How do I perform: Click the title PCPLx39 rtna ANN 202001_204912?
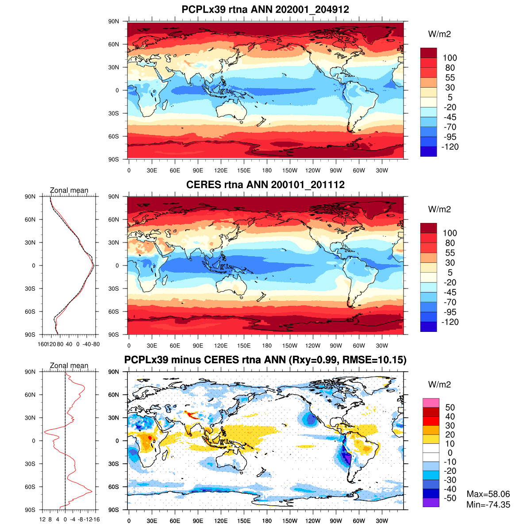point(265,9)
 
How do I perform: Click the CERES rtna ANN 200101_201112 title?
point(265,185)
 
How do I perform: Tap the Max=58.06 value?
point(488,494)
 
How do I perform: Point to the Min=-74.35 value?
point(488,504)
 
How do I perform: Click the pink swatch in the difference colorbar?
point(431,403)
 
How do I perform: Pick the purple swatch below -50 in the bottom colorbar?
point(431,502)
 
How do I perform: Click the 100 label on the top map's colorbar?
point(450,58)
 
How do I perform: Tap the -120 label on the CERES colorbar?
point(450,322)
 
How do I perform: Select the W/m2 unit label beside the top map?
point(439,34)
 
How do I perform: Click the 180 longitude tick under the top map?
point(267,170)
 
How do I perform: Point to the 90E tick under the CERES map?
point(198,346)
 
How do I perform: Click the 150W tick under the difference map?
point(290,521)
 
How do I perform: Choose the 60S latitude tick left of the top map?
point(114,136)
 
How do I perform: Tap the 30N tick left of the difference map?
point(114,418)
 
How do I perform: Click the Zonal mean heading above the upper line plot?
point(69,190)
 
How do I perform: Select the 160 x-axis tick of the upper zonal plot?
point(42,344)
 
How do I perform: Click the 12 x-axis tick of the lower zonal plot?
point(42,519)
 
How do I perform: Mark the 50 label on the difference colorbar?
point(450,408)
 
